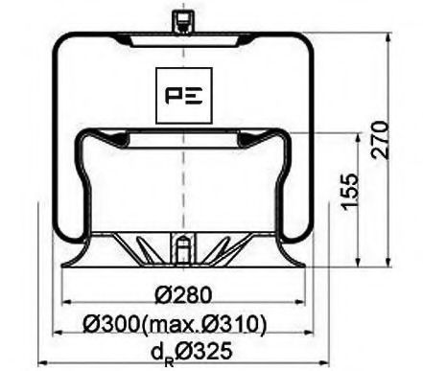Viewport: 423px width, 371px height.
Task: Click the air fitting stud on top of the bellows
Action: [179, 20]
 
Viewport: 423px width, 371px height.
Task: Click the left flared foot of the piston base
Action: [73, 260]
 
